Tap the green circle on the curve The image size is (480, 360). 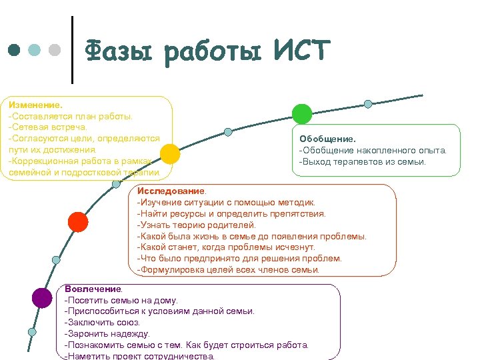point(302,114)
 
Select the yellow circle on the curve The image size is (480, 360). point(170,154)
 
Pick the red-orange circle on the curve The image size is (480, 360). point(78,221)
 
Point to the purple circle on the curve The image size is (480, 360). point(42,298)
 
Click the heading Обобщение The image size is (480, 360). point(328,139)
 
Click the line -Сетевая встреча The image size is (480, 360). point(47,127)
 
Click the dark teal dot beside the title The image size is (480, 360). point(14,50)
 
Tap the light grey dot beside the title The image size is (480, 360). point(55,50)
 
